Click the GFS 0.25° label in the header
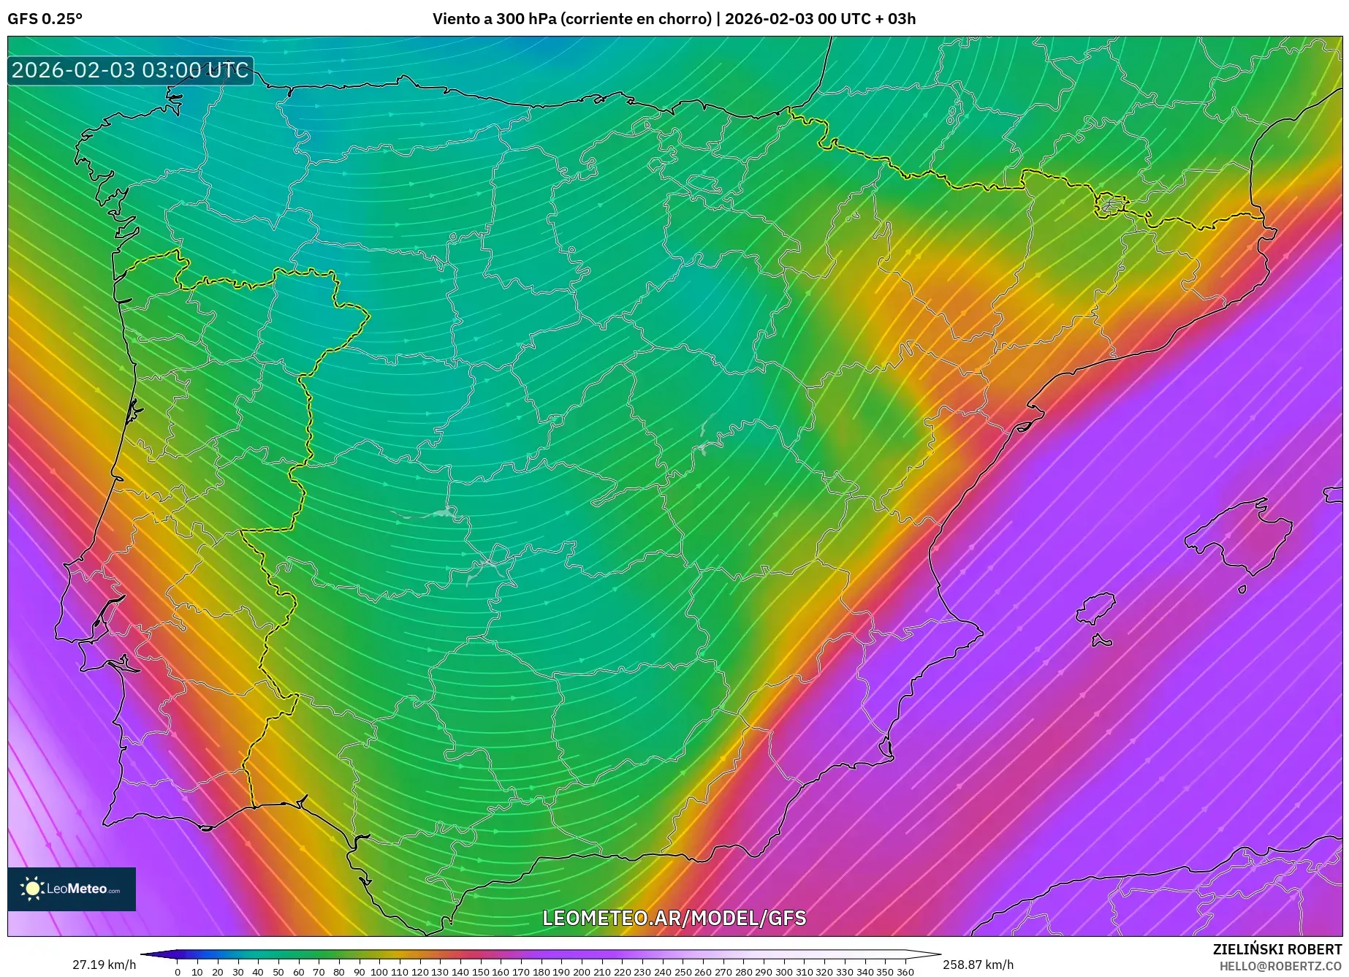[45, 19]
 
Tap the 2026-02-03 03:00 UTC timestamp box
[130, 71]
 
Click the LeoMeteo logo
[72, 889]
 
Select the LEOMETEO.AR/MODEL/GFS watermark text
[674, 918]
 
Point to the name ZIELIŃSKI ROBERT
[1277, 949]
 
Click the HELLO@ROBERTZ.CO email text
[1280, 966]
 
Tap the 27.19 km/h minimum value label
[104, 965]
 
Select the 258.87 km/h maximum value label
[978, 965]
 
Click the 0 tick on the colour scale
[177, 972]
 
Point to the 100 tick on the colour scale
[379, 972]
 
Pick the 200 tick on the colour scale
[581, 972]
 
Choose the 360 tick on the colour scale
[905, 972]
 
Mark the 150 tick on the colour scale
[480, 972]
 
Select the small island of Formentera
[1101, 642]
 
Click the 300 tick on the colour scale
[783, 972]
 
